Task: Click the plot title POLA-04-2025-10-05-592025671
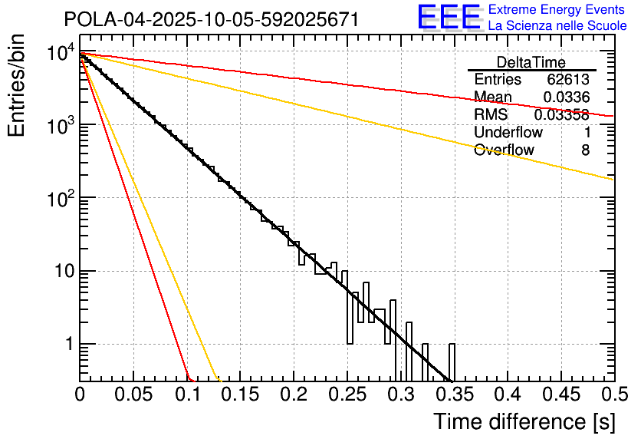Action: (211, 19)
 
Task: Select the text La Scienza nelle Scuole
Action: (557, 25)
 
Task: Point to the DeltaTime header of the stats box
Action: (531, 62)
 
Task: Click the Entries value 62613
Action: (568, 80)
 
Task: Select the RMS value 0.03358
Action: (561, 114)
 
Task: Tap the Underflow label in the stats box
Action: (508, 132)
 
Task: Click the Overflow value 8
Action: (585, 150)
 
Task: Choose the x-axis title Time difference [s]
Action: (524, 421)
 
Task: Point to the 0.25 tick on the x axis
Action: (347, 395)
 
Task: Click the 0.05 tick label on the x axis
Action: (133, 395)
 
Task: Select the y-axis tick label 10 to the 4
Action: (60, 53)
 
